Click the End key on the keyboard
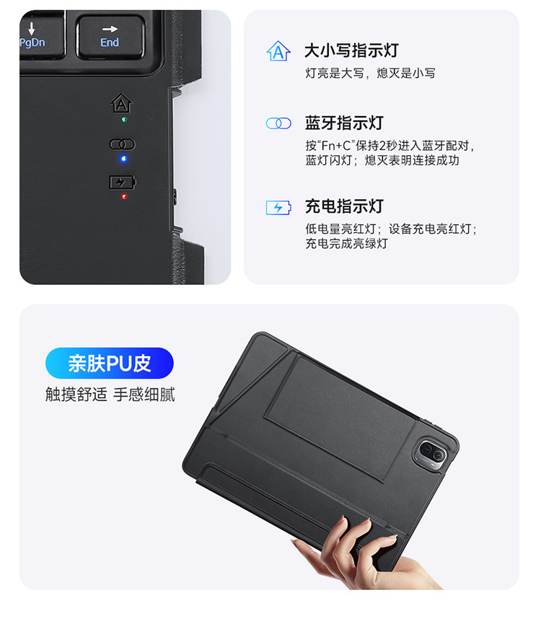point(110,37)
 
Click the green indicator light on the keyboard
point(124,120)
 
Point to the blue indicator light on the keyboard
point(123,159)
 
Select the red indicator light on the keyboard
point(124,196)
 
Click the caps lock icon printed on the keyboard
point(121,103)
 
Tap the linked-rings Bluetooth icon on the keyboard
point(123,144)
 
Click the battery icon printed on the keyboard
point(123,182)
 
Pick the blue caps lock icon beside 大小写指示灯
point(278,51)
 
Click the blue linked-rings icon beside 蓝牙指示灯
point(278,123)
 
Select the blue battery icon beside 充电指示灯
point(278,208)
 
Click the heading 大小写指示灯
point(351,51)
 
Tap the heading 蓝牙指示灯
point(344,123)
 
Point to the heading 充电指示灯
point(344,206)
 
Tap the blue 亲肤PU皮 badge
point(110,363)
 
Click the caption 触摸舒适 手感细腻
point(110,395)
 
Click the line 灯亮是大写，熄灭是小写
point(370,73)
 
